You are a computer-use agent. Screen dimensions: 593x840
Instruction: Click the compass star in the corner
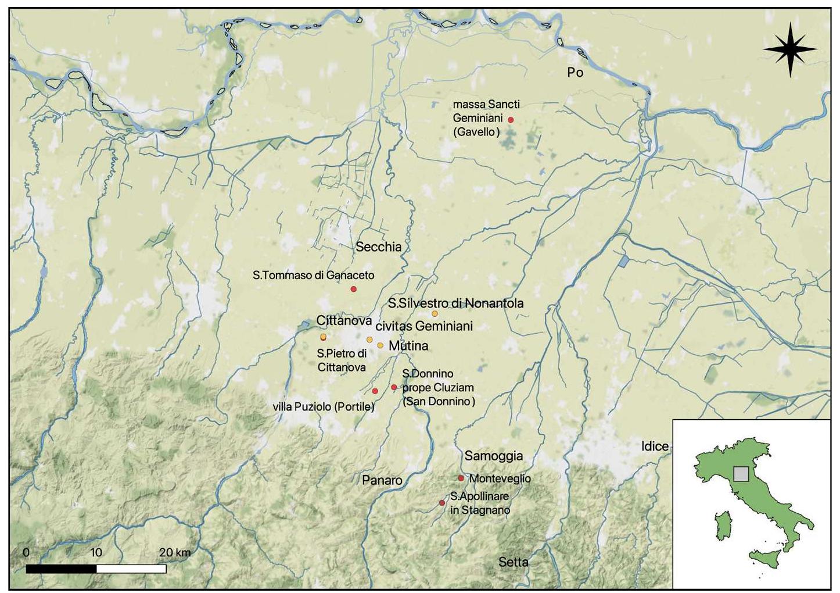click(790, 50)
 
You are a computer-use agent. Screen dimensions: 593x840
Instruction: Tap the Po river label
click(575, 73)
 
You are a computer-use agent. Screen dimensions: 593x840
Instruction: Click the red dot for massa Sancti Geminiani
click(511, 120)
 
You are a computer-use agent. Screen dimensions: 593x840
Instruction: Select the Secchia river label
click(378, 247)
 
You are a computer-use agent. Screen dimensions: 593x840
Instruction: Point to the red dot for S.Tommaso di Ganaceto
click(353, 289)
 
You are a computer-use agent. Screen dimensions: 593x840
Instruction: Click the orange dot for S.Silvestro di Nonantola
click(435, 314)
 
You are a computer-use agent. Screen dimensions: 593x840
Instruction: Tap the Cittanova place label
click(344, 321)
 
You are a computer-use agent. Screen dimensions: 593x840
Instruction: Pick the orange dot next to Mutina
click(380, 345)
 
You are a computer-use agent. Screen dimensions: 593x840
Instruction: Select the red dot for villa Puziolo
click(375, 391)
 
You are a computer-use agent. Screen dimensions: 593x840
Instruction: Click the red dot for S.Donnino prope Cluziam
click(394, 387)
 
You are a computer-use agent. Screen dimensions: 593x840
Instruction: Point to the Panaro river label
click(382, 480)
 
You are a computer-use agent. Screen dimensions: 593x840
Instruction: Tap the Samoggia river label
click(494, 456)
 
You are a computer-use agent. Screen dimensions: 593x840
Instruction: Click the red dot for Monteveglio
click(461, 478)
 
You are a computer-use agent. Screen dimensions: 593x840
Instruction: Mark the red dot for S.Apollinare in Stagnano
click(442, 503)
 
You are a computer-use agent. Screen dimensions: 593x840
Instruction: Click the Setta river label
click(513, 562)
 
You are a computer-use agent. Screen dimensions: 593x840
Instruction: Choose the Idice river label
click(655, 446)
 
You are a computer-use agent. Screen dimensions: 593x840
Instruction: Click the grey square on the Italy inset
click(741, 474)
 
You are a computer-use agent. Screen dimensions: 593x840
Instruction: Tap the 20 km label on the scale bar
click(175, 552)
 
